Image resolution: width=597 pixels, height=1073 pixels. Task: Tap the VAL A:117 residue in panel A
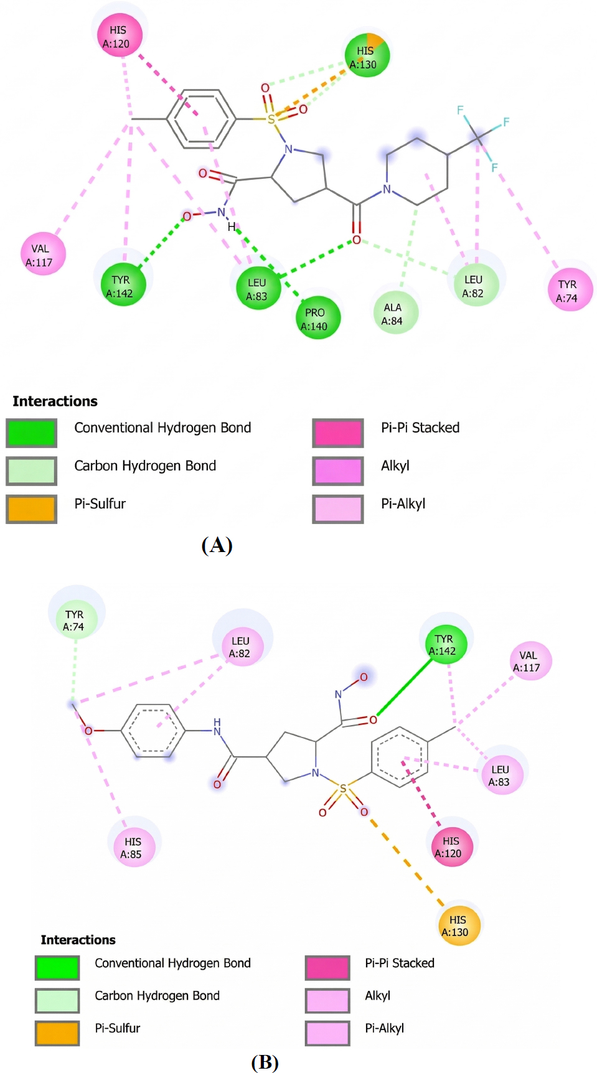pos(41,255)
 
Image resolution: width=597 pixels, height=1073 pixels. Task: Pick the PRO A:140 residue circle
pos(316,318)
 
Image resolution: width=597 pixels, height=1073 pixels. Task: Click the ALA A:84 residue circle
pos(393,313)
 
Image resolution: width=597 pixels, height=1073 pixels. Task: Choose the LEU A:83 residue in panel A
pos(258,289)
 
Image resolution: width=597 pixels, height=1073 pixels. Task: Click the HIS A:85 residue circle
pos(133,846)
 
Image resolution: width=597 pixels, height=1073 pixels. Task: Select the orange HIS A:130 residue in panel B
pos(458,925)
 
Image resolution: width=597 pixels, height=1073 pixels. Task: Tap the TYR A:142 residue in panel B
pos(444,644)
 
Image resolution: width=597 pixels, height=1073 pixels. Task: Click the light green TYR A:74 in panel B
pos(74,619)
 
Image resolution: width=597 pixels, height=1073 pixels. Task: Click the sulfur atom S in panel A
pos(271,119)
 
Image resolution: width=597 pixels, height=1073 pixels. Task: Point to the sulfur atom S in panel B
pos(343,789)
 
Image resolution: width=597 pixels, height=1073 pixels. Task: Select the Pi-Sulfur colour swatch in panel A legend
pos(31,508)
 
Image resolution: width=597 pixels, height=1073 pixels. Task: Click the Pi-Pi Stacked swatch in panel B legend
pos(327,968)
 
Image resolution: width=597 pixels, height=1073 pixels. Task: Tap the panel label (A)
pos(217,545)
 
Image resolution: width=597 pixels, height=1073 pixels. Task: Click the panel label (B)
pos(265,1061)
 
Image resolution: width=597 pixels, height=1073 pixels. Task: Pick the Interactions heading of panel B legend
pos(78,939)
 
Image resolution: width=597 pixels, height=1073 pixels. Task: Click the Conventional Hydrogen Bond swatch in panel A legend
pos(31,433)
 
